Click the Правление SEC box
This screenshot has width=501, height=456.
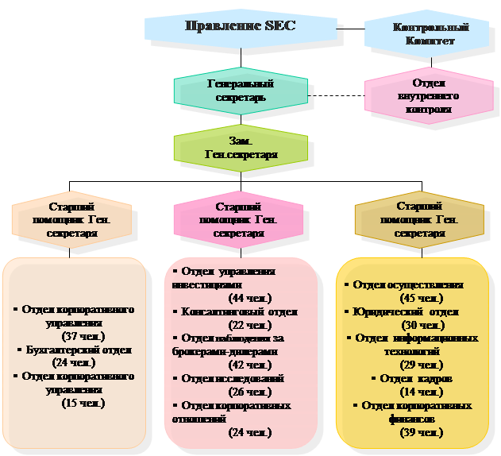click(239, 26)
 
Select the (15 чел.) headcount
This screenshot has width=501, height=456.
click(84, 403)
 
